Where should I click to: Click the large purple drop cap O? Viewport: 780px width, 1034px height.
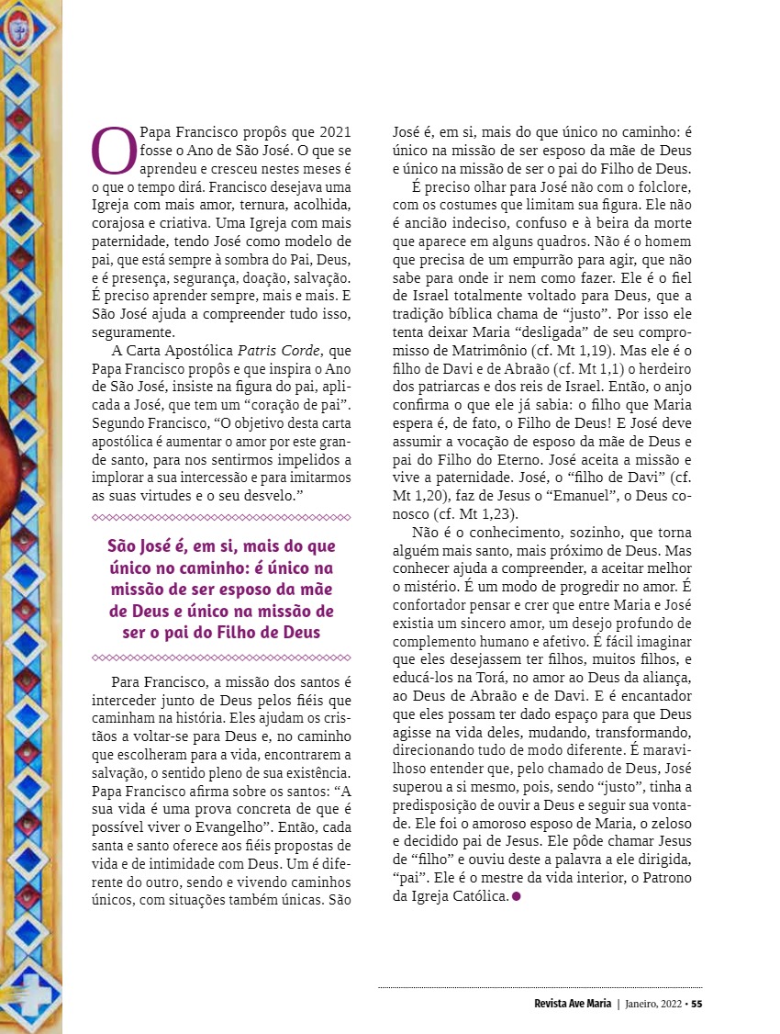pos(115,151)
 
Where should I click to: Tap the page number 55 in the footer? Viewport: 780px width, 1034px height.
pos(697,1003)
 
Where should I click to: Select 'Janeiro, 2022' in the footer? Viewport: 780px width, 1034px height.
pos(653,1003)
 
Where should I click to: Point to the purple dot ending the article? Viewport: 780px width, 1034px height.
pos(516,896)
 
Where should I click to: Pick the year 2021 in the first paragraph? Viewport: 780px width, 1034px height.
pos(332,132)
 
